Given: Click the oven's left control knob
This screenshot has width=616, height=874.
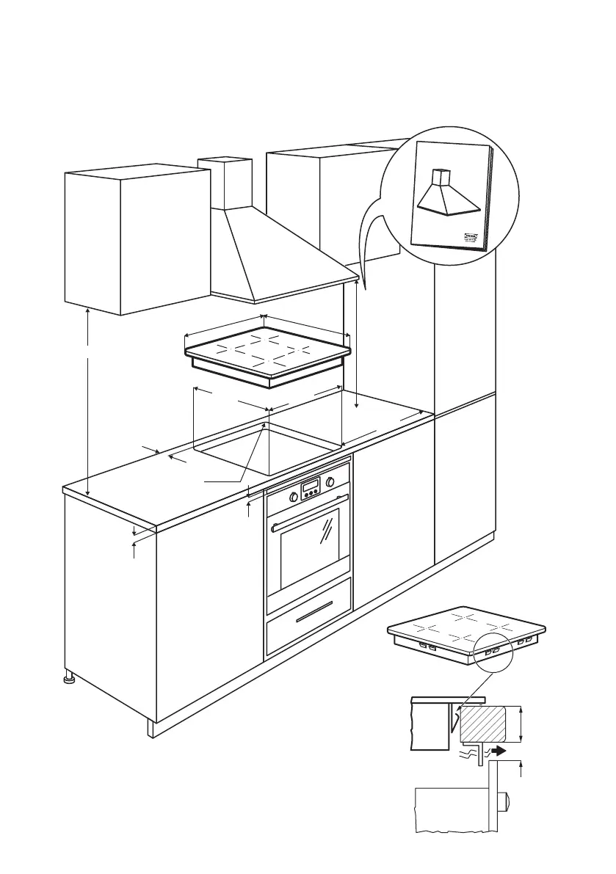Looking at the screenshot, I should pyautogui.click(x=294, y=497).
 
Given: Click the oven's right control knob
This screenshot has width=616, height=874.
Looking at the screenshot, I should pyautogui.click(x=330, y=482).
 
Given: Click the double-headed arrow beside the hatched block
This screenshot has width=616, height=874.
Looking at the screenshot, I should pyautogui.click(x=521, y=724).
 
